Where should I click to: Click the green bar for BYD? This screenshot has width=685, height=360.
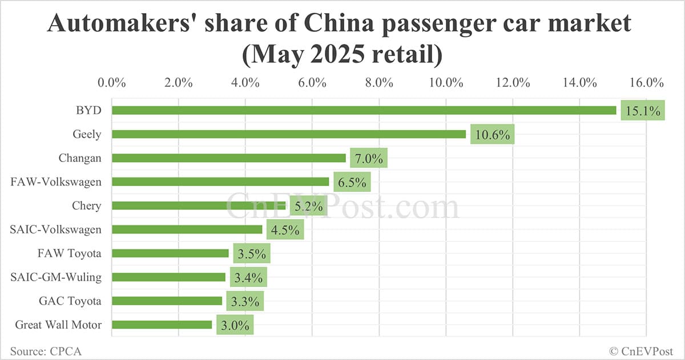[x=364, y=111]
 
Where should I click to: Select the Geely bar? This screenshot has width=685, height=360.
[x=288, y=135]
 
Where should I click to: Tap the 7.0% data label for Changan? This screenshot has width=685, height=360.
[x=369, y=159]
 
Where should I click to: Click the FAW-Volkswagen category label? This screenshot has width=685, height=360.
[x=56, y=182]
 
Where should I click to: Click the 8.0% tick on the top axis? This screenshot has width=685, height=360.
[x=379, y=82]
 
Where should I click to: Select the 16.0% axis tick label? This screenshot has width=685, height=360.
[x=646, y=82]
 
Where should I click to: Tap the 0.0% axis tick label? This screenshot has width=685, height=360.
[x=112, y=82]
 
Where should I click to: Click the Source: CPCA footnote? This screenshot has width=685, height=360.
[x=46, y=351]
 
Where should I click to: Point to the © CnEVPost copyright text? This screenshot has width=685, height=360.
[x=641, y=351]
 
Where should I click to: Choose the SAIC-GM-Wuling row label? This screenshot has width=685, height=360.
[x=56, y=277]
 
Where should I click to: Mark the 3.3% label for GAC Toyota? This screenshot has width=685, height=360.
[x=245, y=302]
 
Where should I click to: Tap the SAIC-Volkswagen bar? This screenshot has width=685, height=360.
[x=187, y=229]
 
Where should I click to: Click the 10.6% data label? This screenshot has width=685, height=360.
[x=493, y=135]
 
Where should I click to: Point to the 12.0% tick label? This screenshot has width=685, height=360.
[x=513, y=82]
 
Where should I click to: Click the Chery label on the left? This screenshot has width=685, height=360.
[x=86, y=205]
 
